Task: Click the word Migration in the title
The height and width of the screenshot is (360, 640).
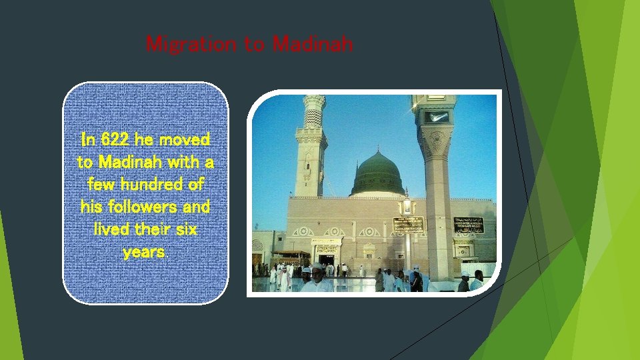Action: click(x=191, y=45)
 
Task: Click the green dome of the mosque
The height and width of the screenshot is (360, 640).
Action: click(x=377, y=175)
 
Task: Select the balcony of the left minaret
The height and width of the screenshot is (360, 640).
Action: click(x=311, y=131)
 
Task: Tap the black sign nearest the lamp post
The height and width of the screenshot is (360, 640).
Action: click(x=408, y=225)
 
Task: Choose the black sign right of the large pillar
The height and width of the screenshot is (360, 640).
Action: click(x=469, y=225)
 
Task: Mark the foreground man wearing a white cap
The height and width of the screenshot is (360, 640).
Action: click(x=318, y=279)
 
